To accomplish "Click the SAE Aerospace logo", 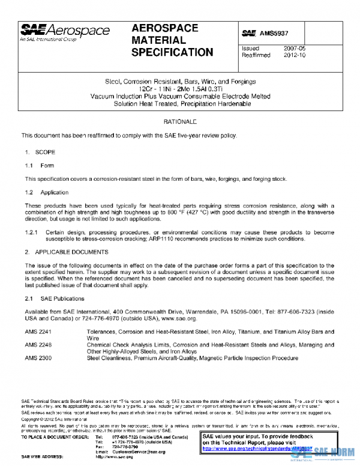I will click(65, 32).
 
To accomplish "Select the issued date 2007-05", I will click(294, 48).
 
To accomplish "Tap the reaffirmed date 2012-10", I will click(294, 55).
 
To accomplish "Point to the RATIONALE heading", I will click(180, 122).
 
